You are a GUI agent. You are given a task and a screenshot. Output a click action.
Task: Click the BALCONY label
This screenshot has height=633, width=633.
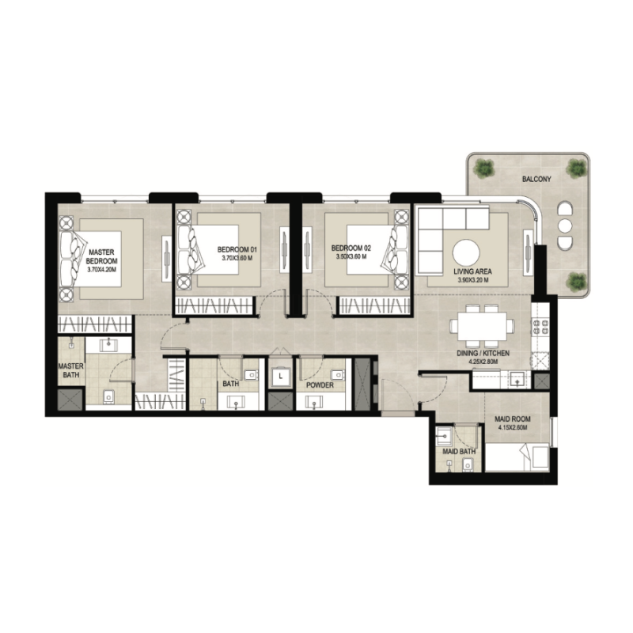click(536, 180)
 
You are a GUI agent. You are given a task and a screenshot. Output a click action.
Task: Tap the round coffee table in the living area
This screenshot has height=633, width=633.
click(465, 252)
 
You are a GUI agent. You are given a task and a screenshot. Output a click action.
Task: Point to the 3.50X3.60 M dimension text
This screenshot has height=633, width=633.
click(351, 258)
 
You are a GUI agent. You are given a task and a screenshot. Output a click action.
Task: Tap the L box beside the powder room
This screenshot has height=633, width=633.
click(280, 377)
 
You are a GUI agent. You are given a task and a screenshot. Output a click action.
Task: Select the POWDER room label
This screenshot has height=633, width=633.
click(320, 385)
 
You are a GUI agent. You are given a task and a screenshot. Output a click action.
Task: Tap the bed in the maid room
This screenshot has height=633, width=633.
click(516, 457)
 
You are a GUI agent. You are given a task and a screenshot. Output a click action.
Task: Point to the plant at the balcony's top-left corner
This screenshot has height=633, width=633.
click(483, 167)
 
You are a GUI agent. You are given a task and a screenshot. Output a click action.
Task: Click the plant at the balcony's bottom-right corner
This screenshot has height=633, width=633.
click(578, 280)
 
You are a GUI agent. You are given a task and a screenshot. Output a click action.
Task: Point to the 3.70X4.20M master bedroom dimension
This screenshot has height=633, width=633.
click(102, 270)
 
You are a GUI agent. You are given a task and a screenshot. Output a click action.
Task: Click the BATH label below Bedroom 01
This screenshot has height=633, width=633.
click(231, 385)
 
